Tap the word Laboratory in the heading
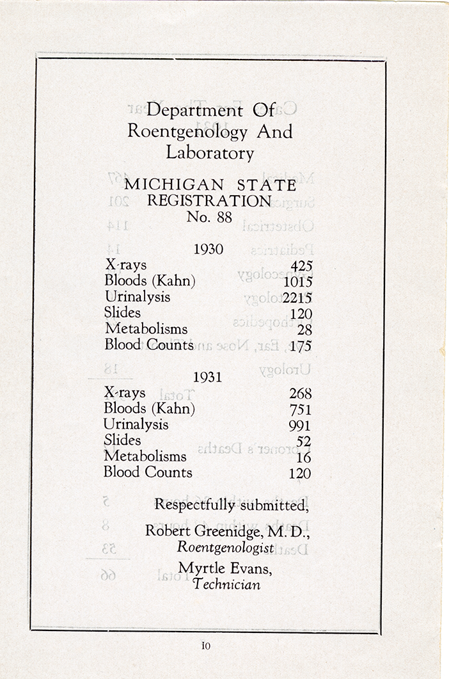pyautogui.click(x=210, y=153)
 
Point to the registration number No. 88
pyautogui.click(x=209, y=217)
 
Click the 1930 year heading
pyautogui.click(x=209, y=250)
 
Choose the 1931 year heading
pyautogui.click(x=207, y=377)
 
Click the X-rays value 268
pyautogui.click(x=300, y=394)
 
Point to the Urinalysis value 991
pyautogui.click(x=299, y=426)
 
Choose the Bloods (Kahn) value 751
pyautogui.click(x=300, y=410)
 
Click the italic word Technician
pyautogui.click(x=227, y=584)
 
